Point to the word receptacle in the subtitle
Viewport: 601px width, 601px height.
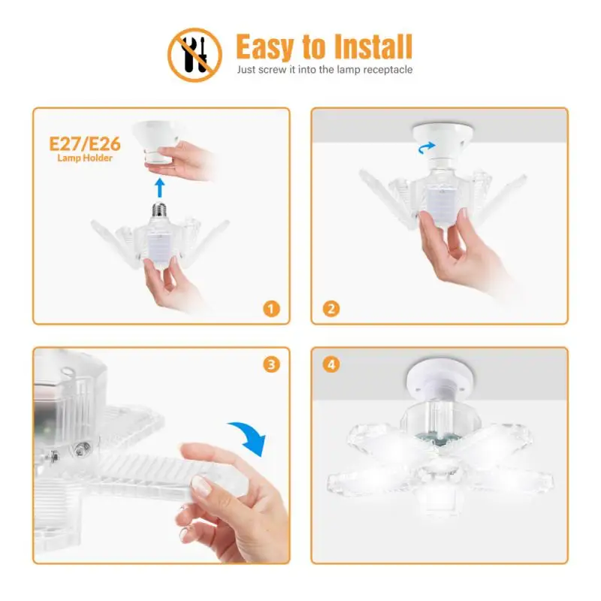coord(384,70)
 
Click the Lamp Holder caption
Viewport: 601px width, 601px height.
coord(85,159)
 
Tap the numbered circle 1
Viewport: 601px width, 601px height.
coord(271,308)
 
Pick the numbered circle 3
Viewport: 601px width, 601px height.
coord(271,365)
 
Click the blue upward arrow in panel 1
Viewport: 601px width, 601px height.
coord(159,187)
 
